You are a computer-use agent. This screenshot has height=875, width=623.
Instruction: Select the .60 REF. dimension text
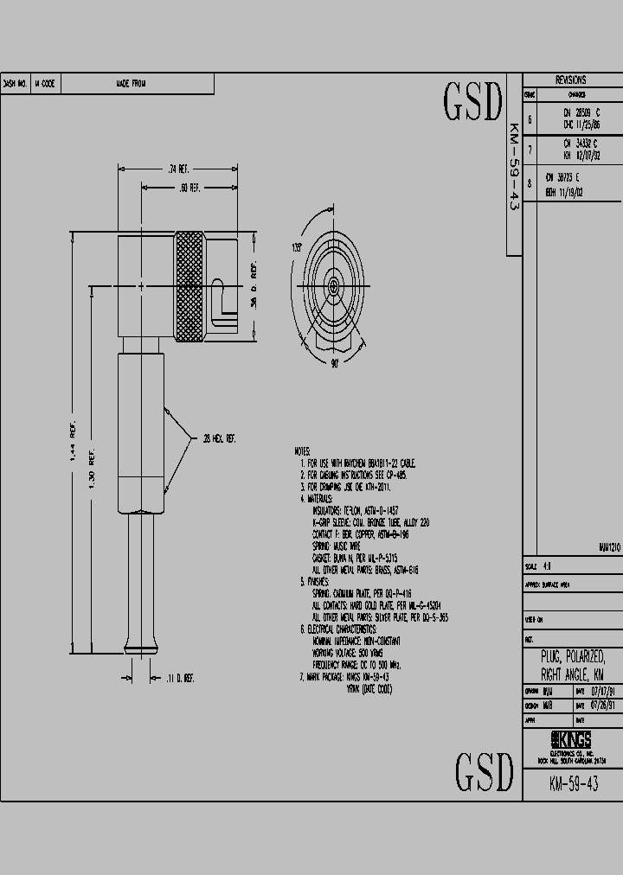pyautogui.click(x=189, y=188)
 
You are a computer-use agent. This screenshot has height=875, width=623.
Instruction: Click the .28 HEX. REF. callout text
pyautogui.click(x=220, y=439)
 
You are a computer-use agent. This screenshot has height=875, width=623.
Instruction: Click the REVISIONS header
pyautogui.click(x=571, y=80)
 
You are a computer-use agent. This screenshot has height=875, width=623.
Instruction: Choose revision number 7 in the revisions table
pyautogui.click(x=530, y=148)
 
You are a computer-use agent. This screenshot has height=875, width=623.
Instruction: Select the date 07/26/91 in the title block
pyautogui.click(x=603, y=705)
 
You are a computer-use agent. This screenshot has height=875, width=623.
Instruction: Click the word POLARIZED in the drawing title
pyautogui.click(x=585, y=656)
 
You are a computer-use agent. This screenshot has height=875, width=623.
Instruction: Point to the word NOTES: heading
pyautogui.click(x=302, y=451)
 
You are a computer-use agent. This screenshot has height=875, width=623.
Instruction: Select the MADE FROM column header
pyautogui.click(x=132, y=84)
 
